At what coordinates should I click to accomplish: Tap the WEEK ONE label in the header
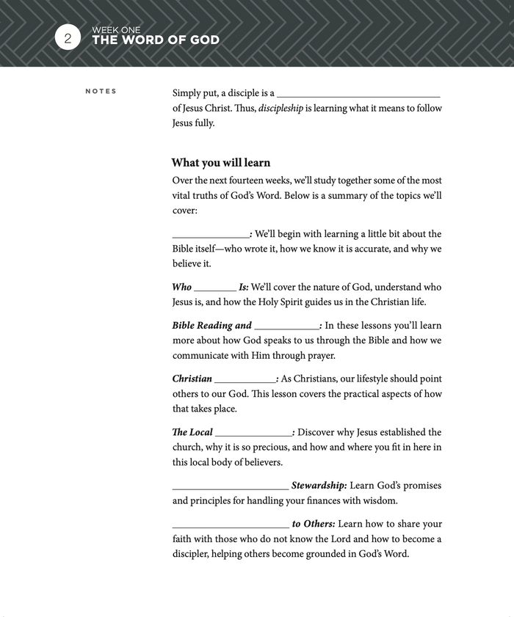[x=116, y=30]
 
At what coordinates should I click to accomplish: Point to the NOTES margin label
[x=101, y=92]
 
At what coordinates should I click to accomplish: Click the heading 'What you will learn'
[x=221, y=163]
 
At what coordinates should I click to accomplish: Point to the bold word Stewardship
[x=319, y=486]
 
